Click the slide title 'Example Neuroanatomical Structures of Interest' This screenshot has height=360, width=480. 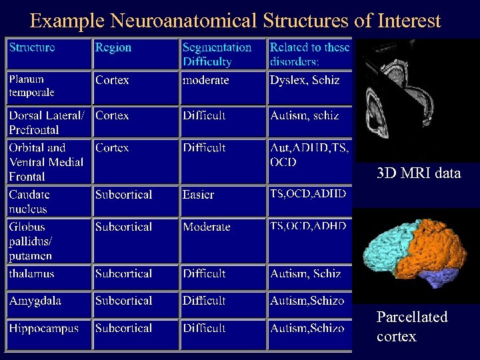coord(235,21)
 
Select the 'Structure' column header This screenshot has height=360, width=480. coord(32,47)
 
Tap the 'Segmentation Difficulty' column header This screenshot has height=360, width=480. coord(217,55)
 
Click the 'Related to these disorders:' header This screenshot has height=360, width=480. coord(309,55)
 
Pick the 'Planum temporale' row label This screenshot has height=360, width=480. coord(31,86)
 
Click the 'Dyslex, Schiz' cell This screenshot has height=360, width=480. coord(305,80)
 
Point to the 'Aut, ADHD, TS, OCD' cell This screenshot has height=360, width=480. coord(309,155)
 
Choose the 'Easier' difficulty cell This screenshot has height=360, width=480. coord(199,195)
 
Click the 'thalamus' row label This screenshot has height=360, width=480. coord(31,273)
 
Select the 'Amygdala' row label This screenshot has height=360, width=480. coord(35,301)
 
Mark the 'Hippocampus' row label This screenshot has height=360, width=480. coord(43,328)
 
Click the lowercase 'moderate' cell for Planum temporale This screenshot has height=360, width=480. coord(206,80)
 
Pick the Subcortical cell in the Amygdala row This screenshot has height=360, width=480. coord(123,301)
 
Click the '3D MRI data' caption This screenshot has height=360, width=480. coord(418,173)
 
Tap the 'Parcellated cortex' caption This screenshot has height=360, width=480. coord(411,326)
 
